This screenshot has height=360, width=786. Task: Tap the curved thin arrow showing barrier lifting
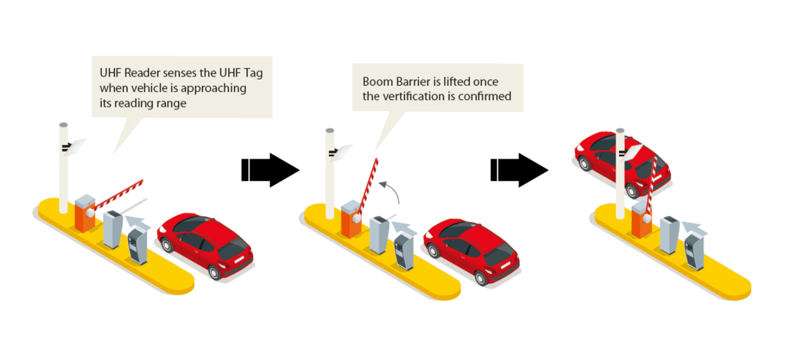tap(390, 190)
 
